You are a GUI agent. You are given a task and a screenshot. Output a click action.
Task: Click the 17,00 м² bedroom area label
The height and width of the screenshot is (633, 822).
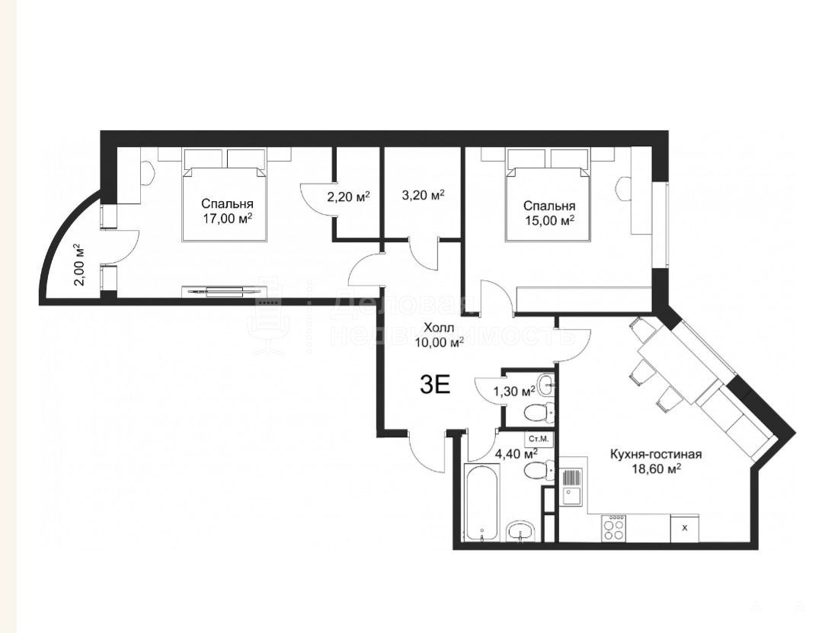227,218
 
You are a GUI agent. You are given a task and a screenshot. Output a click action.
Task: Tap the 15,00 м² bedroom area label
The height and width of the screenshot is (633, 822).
549,221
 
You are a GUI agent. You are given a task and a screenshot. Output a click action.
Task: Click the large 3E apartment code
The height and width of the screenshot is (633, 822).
435,385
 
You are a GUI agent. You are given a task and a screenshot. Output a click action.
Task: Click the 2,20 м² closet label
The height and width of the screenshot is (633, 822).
348,197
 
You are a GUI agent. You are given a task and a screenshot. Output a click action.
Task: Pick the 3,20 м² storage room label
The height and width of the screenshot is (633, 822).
423,196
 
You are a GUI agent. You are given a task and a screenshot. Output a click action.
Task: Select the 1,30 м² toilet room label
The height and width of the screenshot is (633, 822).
514,390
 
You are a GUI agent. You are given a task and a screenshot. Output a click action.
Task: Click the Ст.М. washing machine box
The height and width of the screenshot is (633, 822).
538,438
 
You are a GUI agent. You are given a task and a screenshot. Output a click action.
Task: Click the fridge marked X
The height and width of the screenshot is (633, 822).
685,528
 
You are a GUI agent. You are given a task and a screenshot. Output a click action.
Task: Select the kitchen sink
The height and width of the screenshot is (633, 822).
571,487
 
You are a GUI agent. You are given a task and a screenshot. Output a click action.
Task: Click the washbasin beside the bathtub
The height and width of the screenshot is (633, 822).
520,531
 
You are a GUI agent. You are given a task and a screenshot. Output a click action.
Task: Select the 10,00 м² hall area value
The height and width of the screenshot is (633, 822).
439,343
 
